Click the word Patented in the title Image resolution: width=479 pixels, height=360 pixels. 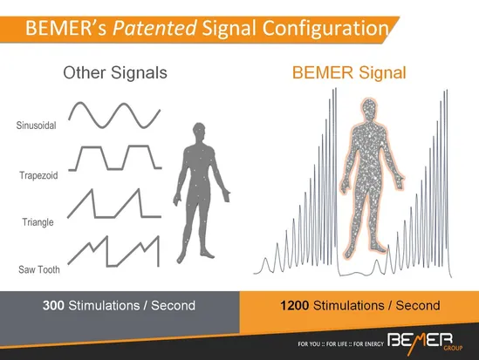click(154, 28)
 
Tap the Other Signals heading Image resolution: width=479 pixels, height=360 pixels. click(115, 73)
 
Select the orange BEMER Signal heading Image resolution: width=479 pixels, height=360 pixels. click(349, 73)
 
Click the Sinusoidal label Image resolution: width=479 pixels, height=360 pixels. click(37, 126)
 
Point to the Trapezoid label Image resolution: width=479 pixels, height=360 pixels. click(38, 175)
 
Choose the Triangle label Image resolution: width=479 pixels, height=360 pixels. click(38, 222)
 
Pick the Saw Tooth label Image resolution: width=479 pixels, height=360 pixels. click(39, 269)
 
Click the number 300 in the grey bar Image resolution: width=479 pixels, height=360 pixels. click(53, 305)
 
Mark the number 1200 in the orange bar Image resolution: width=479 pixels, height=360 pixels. click(295, 305)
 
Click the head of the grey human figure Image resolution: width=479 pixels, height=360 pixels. click(199, 131)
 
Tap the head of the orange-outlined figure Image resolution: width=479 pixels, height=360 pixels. click(369, 109)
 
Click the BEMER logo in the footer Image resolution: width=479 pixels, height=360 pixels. click(420, 341)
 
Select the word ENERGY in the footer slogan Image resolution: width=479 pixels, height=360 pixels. click(373, 344)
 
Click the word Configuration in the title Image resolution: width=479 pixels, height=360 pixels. click(325, 28)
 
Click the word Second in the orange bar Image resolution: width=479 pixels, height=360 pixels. click(418, 305)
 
